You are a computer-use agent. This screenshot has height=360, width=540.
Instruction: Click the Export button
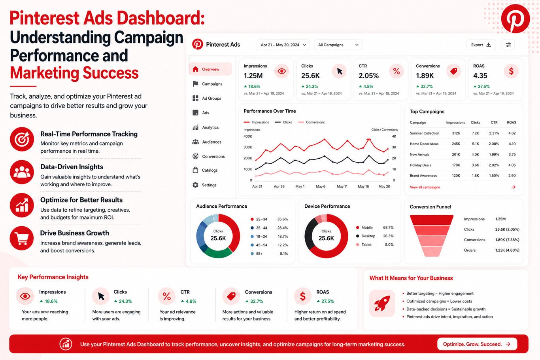click(481, 45)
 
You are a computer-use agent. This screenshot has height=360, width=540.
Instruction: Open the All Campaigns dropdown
click(338, 45)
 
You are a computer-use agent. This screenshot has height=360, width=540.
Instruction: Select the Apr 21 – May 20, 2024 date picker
click(283, 45)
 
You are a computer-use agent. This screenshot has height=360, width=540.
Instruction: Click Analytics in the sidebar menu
click(210, 127)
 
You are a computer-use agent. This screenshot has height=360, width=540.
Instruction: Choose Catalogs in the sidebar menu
click(210, 170)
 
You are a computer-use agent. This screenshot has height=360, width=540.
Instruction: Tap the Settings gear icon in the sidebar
click(195, 185)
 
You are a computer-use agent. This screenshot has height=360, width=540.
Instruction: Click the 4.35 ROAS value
click(480, 76)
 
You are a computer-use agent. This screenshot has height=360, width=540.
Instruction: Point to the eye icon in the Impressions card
click(281, 71)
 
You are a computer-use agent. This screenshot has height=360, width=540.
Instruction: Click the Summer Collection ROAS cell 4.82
click(512, 133)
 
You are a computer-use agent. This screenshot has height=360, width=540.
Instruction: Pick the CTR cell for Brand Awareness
click(494, 176)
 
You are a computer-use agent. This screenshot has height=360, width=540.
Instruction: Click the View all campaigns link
click(425, 187)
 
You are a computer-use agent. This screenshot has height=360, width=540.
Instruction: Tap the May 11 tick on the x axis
click(342, 186)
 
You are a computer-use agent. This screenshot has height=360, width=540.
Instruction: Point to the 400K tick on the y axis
click(248, 136)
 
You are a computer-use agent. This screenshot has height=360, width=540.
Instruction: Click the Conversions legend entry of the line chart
click(311, 122)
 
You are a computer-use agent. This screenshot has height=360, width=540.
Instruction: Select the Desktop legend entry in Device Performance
click(365, 236)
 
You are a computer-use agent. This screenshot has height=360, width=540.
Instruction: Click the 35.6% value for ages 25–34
click(283, 219)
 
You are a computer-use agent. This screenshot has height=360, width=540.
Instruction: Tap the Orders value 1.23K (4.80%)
click(507, 250)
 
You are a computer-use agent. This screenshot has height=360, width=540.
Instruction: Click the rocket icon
click(382, 303)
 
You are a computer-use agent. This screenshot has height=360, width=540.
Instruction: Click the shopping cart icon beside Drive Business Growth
click(22, 238)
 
